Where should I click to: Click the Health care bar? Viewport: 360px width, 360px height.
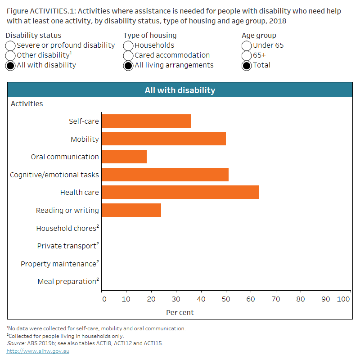coord(180,192)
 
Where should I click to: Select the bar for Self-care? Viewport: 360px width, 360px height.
coord(146,121)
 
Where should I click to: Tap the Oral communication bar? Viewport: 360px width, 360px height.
coord(124,157)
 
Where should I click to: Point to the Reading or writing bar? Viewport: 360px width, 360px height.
coord(131,210)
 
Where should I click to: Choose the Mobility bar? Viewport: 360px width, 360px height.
coord(164,139)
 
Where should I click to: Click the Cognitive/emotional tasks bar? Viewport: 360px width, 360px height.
coord(165,175)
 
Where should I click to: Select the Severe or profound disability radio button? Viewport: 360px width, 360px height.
coord(11,45)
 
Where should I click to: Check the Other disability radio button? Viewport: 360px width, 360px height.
coord(11,55)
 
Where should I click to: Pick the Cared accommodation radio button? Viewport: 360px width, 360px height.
coord(129,55)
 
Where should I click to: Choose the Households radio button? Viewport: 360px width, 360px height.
coord(129,45)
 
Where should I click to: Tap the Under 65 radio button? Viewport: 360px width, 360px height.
coord(247,45)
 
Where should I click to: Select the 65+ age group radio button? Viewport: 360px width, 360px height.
coord(247,55)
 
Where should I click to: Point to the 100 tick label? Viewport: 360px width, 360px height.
coord(344,299)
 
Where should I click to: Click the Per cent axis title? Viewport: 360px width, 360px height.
coord(180,312)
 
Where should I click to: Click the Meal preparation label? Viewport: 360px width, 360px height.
coord(67,282)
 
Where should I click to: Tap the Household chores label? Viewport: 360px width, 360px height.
coord(66,228)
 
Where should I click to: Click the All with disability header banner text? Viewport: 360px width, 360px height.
coord(180,90)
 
